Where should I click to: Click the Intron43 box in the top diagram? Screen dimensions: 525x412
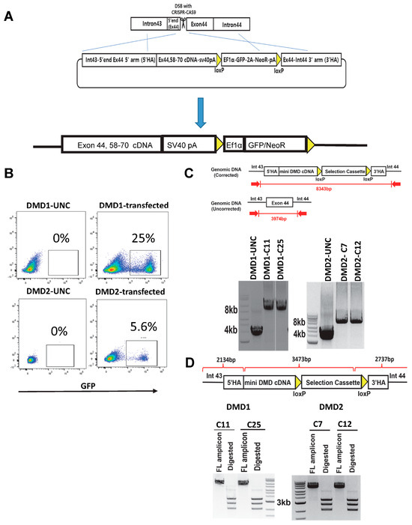[152, 25]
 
